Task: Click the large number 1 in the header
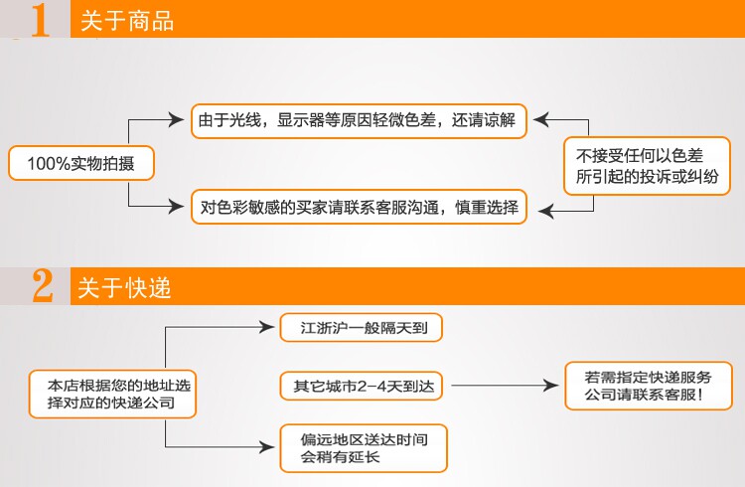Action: click(41, 20)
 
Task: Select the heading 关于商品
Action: click(126, 21)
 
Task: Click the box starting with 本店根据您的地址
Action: click(111, 393)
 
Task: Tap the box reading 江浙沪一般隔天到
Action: click(359, 327)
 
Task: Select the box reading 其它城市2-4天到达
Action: click(358, 385)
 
